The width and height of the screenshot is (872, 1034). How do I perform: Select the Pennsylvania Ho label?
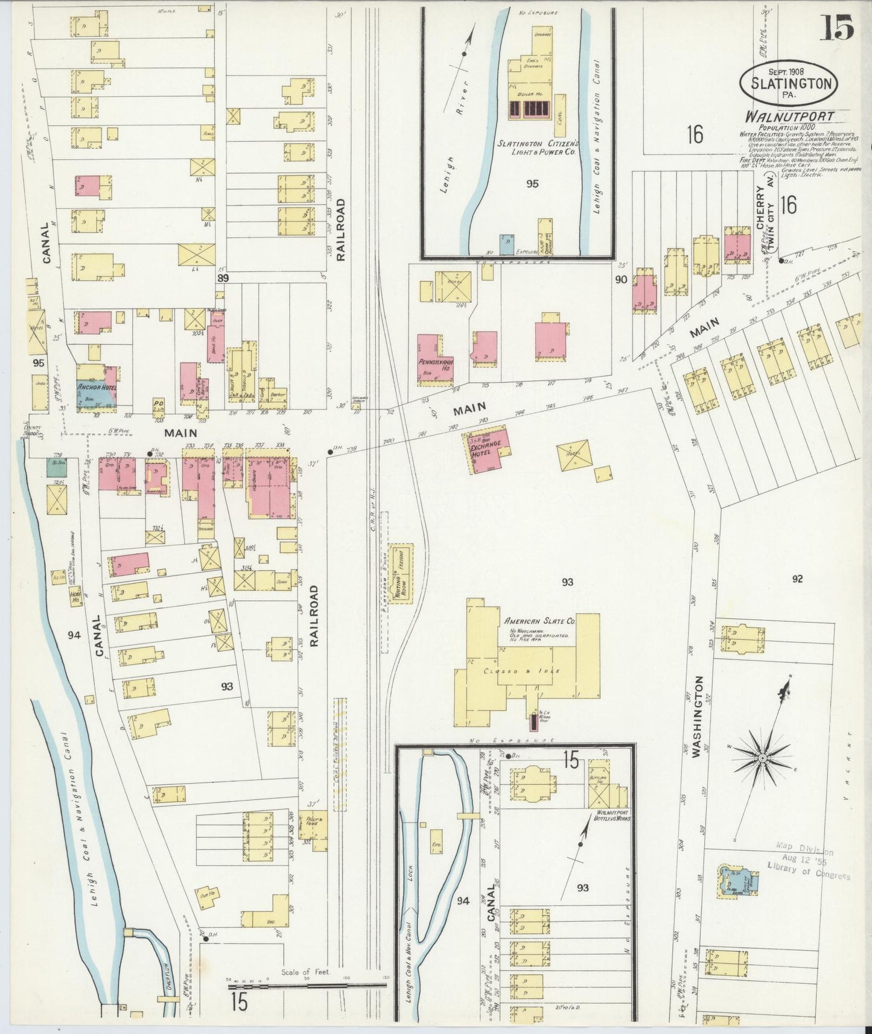(435, 364)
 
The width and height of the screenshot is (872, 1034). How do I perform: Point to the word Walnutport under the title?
(790, 116)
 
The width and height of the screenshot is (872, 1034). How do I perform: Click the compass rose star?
(762, 756)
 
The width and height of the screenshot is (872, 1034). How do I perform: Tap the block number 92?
(797, 579)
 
